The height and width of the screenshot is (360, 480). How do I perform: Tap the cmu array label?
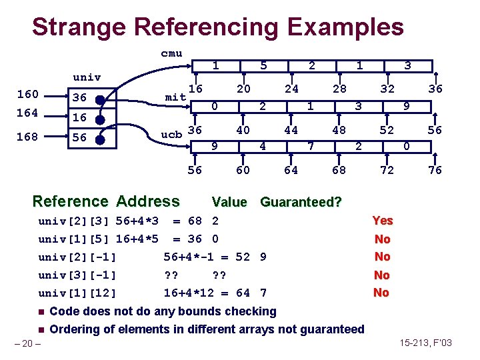tap(171, 53)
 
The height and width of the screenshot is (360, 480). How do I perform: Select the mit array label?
tap(175, 97)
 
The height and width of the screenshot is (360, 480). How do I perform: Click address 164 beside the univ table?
tap(27, 113)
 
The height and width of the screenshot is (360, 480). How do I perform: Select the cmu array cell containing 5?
tap(263, 66)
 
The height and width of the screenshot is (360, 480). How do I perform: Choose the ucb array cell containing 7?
tap(311, 145)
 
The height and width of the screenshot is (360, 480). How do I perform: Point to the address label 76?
tap(435, 171)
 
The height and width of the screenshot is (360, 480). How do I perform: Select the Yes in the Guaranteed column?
tap(382, 221)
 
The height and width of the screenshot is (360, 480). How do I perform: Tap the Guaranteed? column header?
tap(301, 202)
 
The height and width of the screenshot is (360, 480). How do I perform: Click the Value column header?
tap(229, 202)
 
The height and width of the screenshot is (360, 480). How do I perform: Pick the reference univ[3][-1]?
tap(77, 275)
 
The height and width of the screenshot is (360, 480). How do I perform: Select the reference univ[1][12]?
tap(77, 293)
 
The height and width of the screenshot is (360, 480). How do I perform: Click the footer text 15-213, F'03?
tap(426, 343)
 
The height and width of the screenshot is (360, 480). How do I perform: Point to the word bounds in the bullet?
tap(187, 311)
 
